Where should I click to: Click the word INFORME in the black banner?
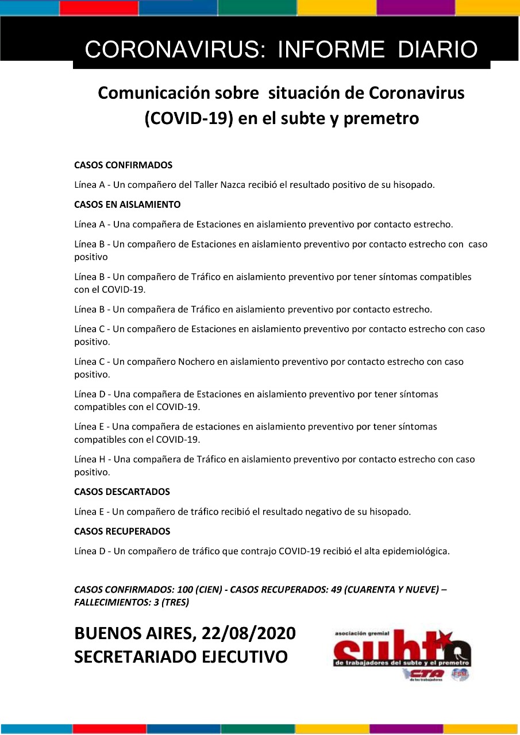[x=330, y=50]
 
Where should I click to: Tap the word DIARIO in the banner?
[x=438, y=50]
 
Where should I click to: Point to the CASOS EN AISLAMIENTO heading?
[x=128, y=204]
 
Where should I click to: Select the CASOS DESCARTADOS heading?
[x=122, y=492]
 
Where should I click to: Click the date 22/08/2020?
[x=248, y=633]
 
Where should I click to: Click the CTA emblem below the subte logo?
[x=426, y=674]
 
